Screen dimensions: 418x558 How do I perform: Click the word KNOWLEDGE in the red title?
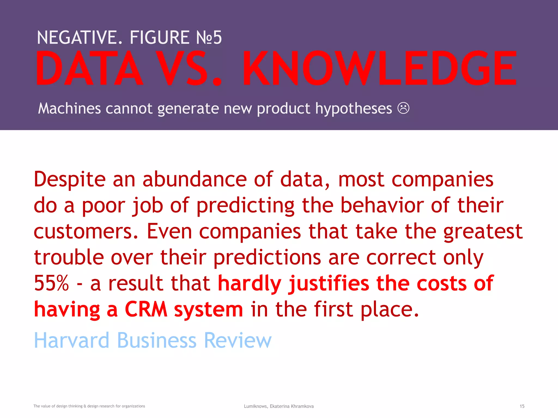click(379, 69)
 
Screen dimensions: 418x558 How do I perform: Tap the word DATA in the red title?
click(89, 69)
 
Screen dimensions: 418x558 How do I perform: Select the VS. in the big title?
click(189, 69)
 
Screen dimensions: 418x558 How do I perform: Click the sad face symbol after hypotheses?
click(403, 108)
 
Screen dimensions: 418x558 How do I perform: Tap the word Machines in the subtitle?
click(69, 108)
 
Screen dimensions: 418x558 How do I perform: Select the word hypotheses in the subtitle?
click(353, 109)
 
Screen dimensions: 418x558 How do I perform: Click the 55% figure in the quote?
click(51, 283)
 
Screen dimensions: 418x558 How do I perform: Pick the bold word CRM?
click(146, 309)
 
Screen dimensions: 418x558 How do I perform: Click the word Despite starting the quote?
click(69, 180)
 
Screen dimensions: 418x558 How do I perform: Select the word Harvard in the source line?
click(71, 340)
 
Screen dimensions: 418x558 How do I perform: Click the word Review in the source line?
click(238, 340)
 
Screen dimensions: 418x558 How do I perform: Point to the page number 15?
click(522, 406)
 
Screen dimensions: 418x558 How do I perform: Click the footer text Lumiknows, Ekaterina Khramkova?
click(279, 406)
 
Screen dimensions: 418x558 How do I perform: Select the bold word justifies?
click(329, 284)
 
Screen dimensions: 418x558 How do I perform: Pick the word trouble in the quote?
click(69, 257)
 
